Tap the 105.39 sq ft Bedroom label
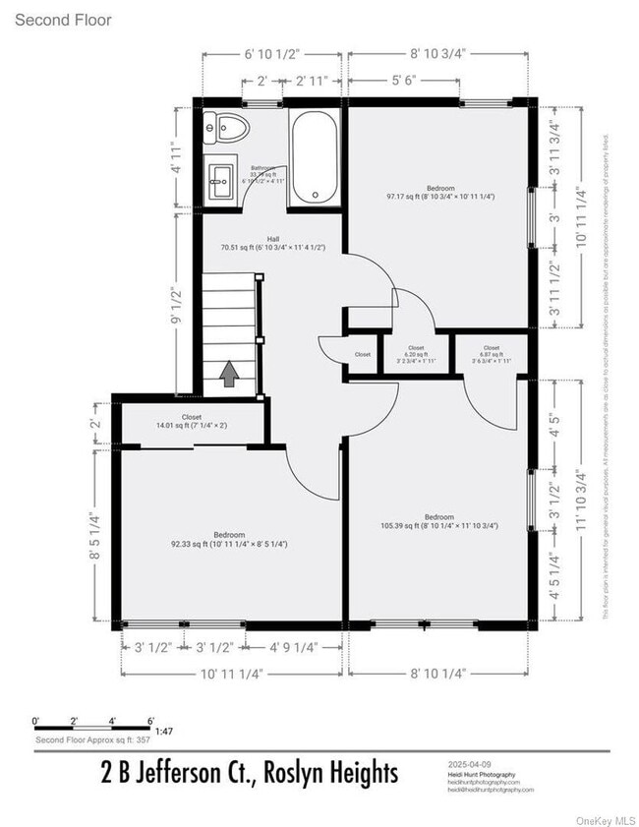(439, 521)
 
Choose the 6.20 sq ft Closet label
(415, 353)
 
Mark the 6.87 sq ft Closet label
(491, 353)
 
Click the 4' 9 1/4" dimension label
(293, 647)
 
